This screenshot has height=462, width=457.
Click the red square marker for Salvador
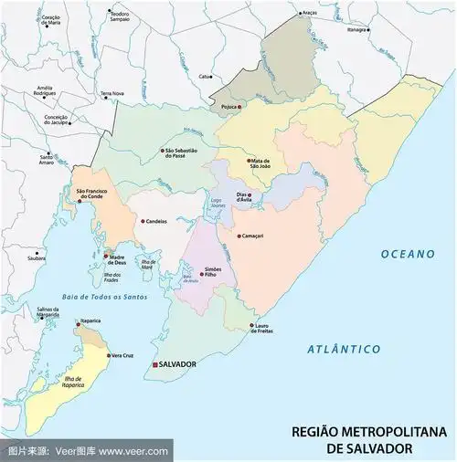point(154,364)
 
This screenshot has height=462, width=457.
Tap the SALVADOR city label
point(177,364)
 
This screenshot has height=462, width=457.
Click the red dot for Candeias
point(140,221)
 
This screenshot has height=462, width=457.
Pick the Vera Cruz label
point(123,355)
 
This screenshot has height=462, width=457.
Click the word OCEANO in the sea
point(408,254)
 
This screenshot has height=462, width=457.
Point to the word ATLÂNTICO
point(343,349)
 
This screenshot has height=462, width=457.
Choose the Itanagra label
point(356,29)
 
